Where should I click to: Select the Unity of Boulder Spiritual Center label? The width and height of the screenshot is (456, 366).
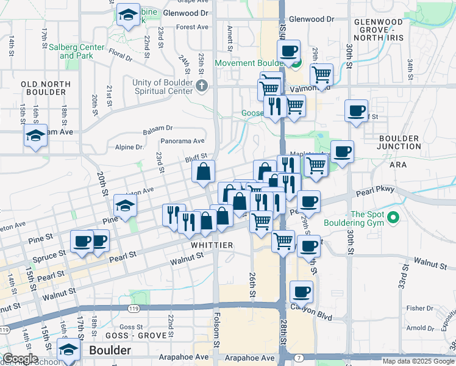click(163, 87)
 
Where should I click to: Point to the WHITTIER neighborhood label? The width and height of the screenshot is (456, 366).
click(213, 245)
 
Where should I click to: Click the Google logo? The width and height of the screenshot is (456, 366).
click(20, 359)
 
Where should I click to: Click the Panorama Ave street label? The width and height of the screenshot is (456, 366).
click(182, 141)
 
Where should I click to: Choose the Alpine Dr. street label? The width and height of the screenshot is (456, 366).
click(129, 147)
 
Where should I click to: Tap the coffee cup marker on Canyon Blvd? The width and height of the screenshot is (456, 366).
click(301, 292)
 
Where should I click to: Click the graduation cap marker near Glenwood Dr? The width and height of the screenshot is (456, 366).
click(128, 16)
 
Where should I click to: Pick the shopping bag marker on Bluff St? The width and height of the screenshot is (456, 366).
click(203, 171)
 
